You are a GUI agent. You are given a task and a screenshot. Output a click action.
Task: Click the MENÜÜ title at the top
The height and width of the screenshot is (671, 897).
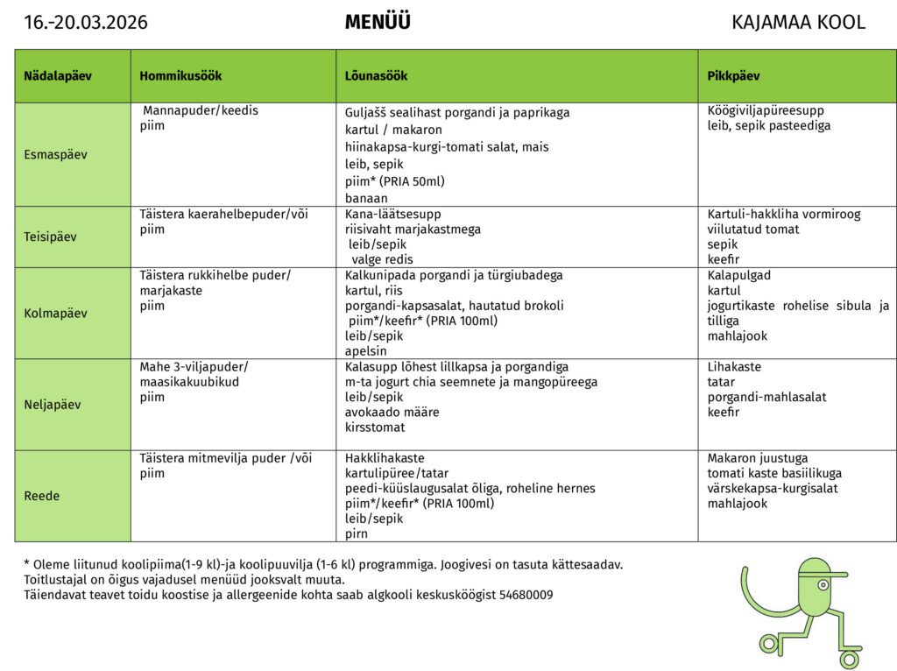tap(378, 23)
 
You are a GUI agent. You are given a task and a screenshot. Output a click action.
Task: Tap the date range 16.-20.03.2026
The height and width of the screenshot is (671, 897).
tap(86, 23)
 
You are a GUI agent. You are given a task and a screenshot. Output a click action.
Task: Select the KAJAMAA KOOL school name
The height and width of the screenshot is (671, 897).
tap(798, 23)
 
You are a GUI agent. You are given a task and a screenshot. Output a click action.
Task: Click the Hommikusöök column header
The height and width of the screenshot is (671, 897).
tap(180, 76)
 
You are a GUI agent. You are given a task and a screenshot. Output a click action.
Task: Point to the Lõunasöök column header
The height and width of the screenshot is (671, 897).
tap(377, 76)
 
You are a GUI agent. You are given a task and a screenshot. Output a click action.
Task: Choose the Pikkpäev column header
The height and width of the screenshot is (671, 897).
tap(733, 76)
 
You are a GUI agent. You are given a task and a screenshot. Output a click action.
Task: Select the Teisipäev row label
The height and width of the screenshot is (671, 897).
tap(51, 237)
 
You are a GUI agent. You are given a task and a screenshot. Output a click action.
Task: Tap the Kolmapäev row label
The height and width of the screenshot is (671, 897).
tap(56, 313)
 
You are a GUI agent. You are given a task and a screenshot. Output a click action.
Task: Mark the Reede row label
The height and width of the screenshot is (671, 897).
tap(42, 496)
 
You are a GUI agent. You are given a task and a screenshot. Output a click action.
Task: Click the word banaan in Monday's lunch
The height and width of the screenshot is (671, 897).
tap(366, 199)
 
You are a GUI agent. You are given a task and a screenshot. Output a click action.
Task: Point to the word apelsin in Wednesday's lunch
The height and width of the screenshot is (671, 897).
tap(366, 351)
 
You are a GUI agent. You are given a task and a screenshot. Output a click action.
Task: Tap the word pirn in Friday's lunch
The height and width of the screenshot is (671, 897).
tap(357, 533)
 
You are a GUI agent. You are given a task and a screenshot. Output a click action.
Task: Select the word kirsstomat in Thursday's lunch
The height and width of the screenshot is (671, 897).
tap(375, 427)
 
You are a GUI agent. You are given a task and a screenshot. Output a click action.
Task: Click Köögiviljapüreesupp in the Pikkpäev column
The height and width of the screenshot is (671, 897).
tap(766, 110)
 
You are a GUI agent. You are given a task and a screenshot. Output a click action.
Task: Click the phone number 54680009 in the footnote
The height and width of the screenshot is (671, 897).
tap(526, 595)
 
